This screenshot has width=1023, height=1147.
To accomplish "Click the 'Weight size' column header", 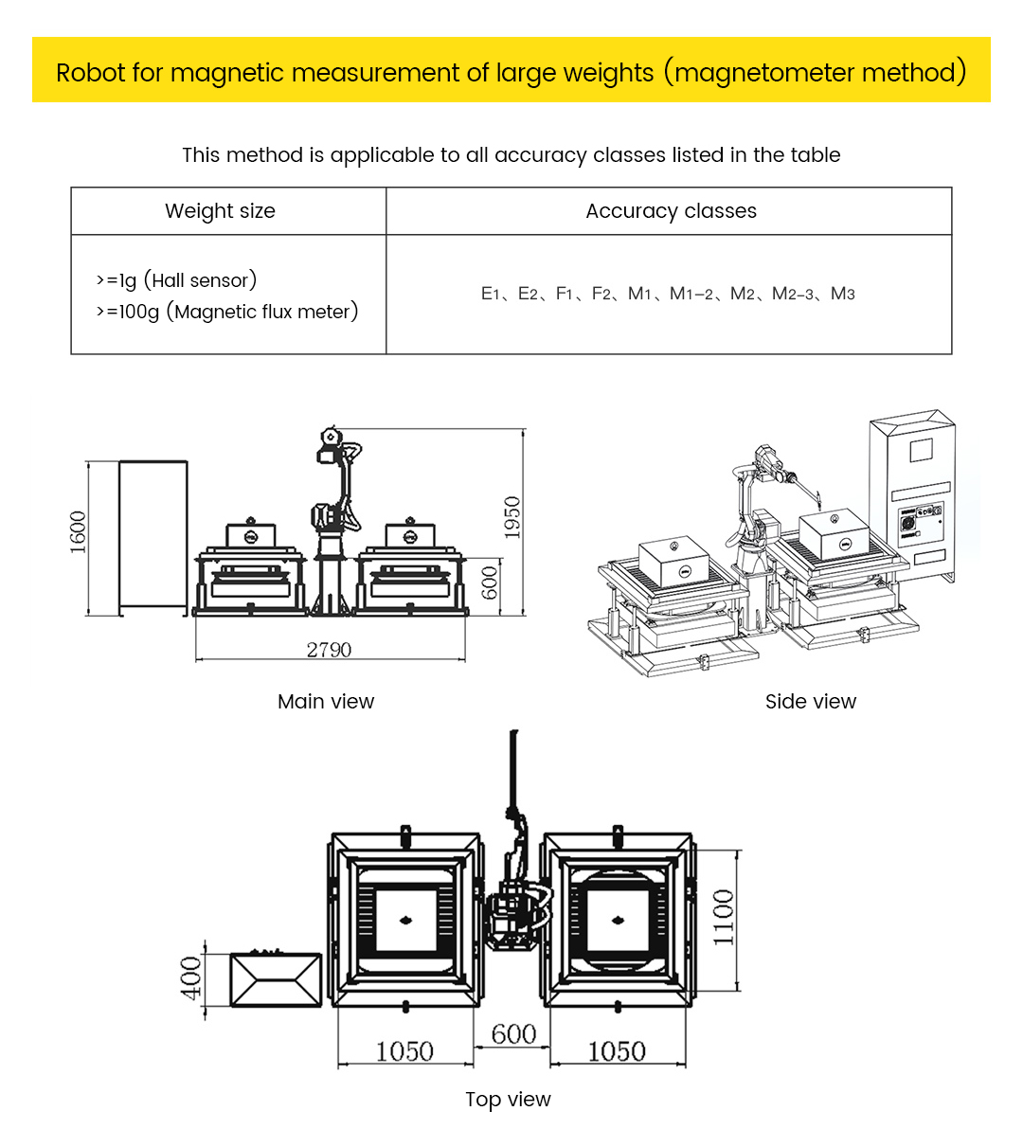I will point(220,211).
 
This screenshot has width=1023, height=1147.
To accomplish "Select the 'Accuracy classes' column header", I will point(671,211).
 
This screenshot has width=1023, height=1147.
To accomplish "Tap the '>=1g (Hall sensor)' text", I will point(176,280).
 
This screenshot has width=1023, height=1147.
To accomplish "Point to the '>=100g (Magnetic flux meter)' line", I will point(227,312).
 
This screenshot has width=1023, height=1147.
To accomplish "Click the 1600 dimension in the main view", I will point(78,531).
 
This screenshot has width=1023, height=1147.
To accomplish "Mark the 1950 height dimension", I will point(512,517).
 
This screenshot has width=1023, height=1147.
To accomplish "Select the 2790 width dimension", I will point(329,650).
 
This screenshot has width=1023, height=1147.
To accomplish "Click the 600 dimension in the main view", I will point(490,582).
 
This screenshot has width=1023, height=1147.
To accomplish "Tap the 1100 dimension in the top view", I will point(724,917).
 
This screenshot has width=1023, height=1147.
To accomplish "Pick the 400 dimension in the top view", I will point(191,978).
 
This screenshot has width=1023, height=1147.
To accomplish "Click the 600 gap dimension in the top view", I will point(513,1034).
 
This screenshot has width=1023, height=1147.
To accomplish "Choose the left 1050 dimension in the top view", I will point(404,1051).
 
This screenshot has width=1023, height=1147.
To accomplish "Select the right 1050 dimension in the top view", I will point(617,1051).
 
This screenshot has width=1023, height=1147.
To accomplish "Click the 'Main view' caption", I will point(326,702).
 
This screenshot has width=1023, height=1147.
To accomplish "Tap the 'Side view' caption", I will point(811,702).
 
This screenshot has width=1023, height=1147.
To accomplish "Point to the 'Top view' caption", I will point(508,1100).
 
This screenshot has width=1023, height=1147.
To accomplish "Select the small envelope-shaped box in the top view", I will point(276,980).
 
